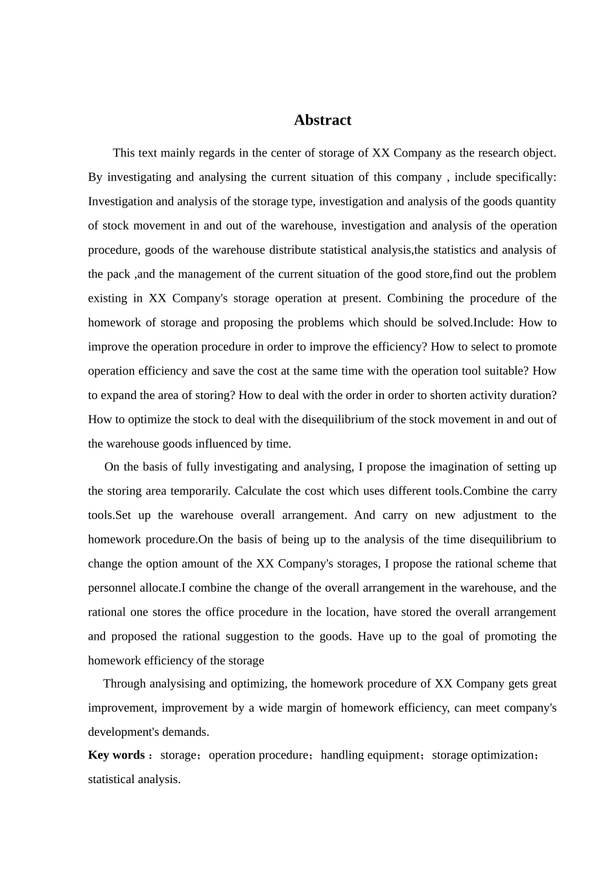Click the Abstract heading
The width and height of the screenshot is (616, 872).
coord(322,120)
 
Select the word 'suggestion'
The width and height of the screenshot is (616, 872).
coord(255,636)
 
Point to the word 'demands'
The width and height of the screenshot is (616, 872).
coord(187,732)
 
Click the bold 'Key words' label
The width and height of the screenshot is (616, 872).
coord(117,755)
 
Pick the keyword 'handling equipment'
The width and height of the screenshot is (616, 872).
coord(370,755)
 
